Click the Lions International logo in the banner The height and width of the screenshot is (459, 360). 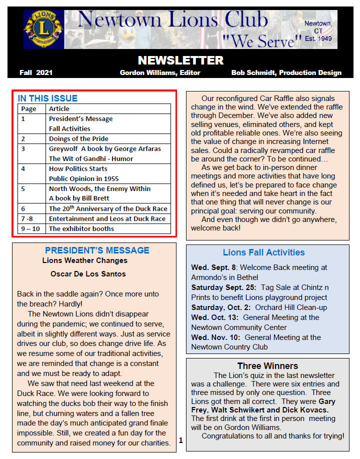(44, 29)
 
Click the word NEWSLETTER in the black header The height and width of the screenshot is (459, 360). (180, 60)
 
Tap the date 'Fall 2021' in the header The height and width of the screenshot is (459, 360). (36, 73)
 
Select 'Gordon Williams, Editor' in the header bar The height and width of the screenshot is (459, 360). (160, 73)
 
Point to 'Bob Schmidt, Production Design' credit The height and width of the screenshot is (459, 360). (286, 73)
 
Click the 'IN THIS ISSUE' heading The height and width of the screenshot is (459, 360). (47, 98)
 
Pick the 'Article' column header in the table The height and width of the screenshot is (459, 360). (59, 108)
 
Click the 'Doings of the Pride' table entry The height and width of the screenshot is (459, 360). (78, 138)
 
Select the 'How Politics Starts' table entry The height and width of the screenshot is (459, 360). (78, 168)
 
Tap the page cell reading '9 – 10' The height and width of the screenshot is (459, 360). (30, 228)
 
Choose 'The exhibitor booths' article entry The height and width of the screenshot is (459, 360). (81, 228)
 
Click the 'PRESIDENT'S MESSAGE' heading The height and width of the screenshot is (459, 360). (97, 250)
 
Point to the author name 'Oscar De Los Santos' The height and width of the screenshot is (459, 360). (88, 274)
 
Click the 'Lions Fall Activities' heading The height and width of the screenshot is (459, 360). (263, 252)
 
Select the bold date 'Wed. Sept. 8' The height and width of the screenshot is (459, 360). (215, 267)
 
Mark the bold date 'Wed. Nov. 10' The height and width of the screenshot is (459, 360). (215, 337)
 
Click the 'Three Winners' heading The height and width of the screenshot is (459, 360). (267, 366)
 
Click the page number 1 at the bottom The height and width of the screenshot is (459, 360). (180, 440)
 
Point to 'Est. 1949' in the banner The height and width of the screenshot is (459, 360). (318, 38)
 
